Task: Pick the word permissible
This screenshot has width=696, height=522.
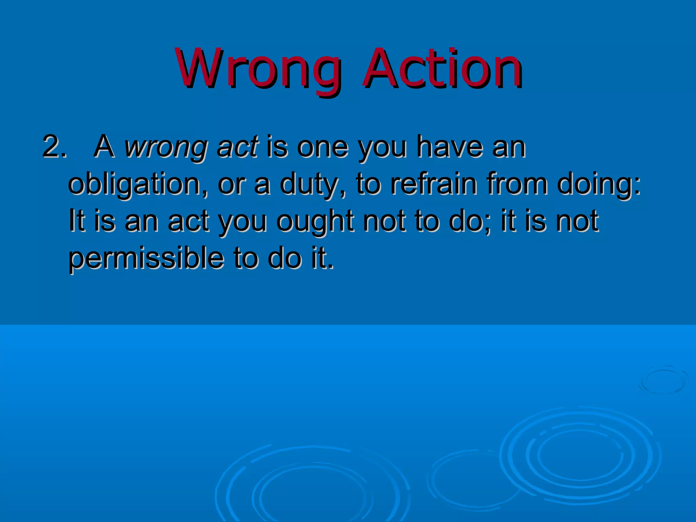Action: pyautogui.click(x=146, y=259)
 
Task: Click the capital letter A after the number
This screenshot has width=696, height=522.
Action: pyautogui.click(x=104, y=147)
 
